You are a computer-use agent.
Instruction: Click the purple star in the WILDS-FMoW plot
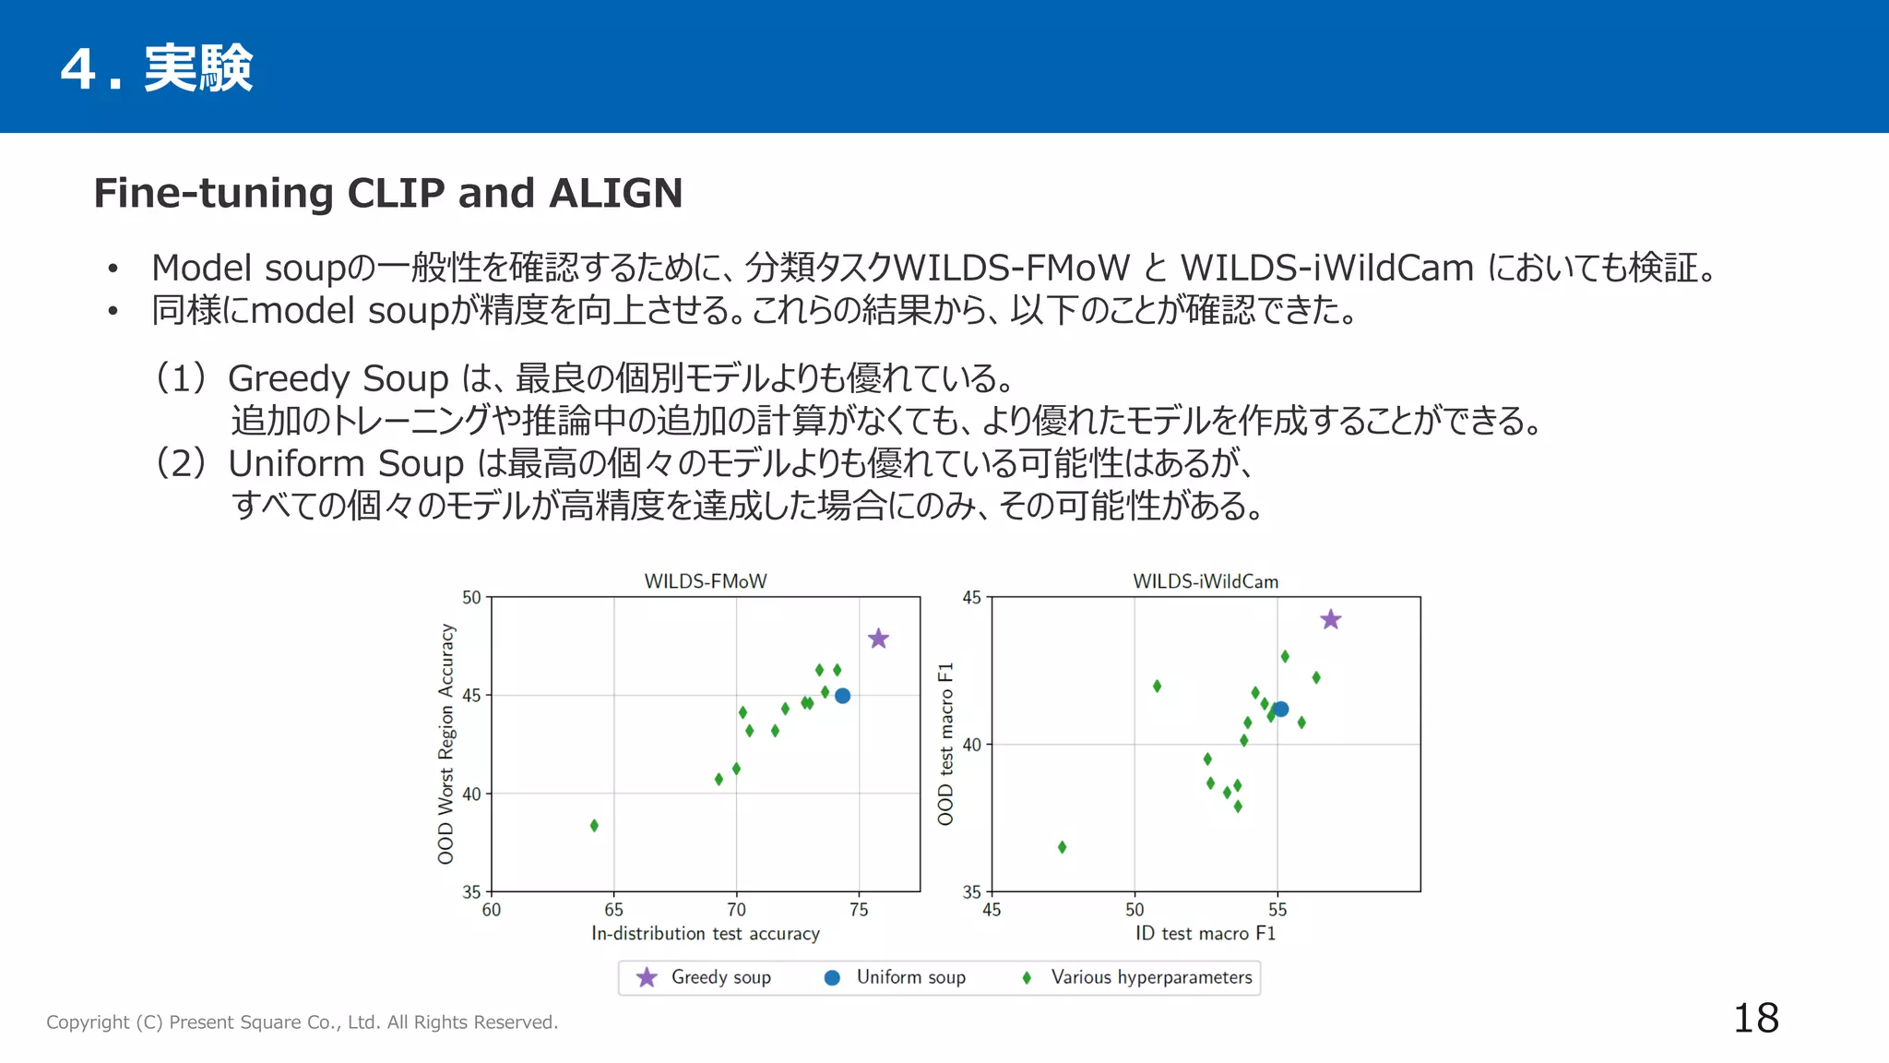click(878, 639)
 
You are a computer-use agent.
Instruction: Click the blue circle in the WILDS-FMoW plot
click(842, 696)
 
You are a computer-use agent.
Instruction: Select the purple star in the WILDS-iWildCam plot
click(1330, 620)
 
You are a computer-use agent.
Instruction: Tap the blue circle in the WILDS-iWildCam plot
click(1280, 709)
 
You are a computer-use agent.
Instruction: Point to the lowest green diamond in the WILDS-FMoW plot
click(594, 825)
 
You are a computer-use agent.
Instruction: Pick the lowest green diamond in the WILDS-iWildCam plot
click(1062, 847)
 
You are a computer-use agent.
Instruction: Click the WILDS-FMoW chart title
click(705, 581)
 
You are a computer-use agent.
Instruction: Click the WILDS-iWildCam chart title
click(1205, 581)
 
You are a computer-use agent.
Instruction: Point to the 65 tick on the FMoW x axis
click(613, 910)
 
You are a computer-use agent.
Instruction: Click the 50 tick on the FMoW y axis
click(471, 598)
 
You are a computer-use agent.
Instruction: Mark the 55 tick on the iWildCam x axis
click(1277, 910)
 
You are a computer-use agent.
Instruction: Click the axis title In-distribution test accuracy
click(705, 934)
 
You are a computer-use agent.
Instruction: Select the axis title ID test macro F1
click(1205, 934)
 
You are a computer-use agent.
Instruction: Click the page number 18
click(1755, 1019)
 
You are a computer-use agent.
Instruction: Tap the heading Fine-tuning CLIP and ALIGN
click(387, 193)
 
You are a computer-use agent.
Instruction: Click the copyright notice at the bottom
click(302, 1022)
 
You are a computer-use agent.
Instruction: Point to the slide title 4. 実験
click(157, 68)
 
